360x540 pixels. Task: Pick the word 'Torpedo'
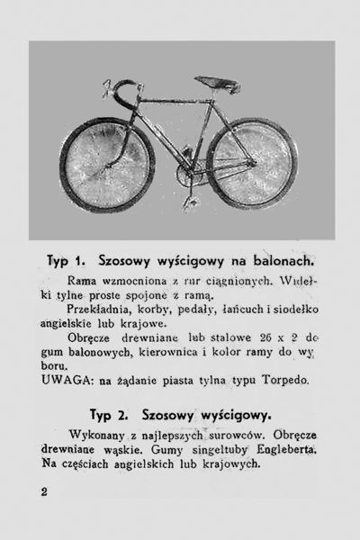click(x=285, y=381)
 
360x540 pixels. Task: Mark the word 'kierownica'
click(x=186, y=353)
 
